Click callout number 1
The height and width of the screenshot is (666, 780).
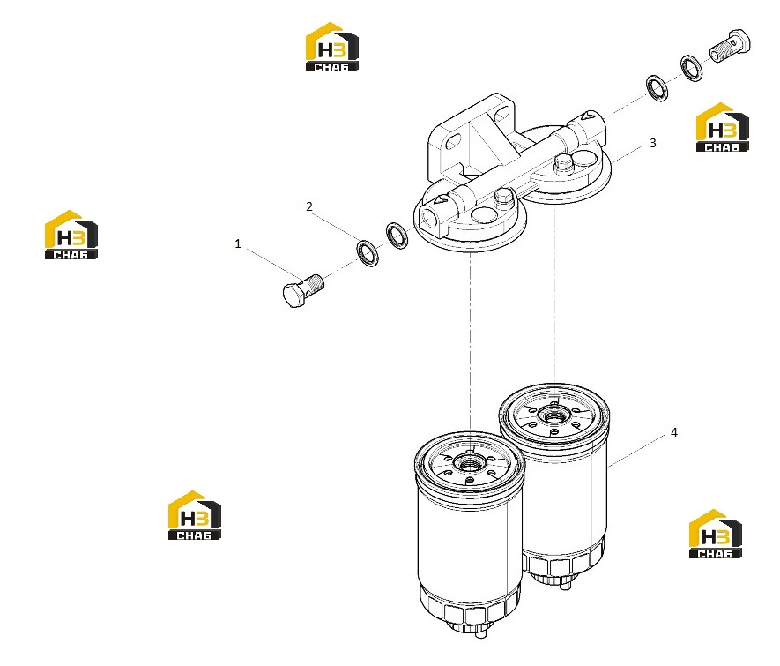tap(238, 243)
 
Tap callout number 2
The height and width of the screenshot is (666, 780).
tap(309, 206)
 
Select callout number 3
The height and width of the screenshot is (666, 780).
tap(653, 144)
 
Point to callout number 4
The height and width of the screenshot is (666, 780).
tap(674, 432)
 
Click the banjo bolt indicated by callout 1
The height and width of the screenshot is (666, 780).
tap(303, 290)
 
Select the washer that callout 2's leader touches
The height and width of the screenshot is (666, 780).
tap(368, 253)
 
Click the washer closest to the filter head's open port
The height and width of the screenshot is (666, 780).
tap(397, 236)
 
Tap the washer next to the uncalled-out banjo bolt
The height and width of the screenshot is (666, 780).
tap(692, 68)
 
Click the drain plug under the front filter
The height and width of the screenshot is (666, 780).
tap(479, 633)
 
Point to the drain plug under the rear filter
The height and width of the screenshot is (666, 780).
tap(565, 586)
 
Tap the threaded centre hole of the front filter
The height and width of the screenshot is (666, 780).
tap(468, 465)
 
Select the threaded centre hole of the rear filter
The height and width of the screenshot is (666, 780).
tap(552, 414)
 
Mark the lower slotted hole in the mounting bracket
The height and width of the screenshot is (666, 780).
tap(454, 143)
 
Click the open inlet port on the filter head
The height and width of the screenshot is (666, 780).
tap(428, 217)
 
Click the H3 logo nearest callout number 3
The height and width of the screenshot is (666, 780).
tap(723, 127)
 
